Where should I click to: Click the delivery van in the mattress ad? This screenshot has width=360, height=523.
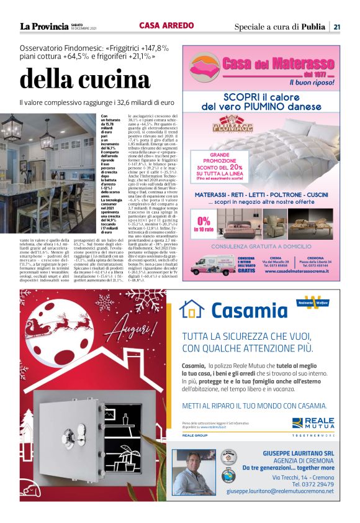212,263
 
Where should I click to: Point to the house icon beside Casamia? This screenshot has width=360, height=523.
192,308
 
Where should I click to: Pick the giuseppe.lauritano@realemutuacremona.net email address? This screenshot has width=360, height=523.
281,491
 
